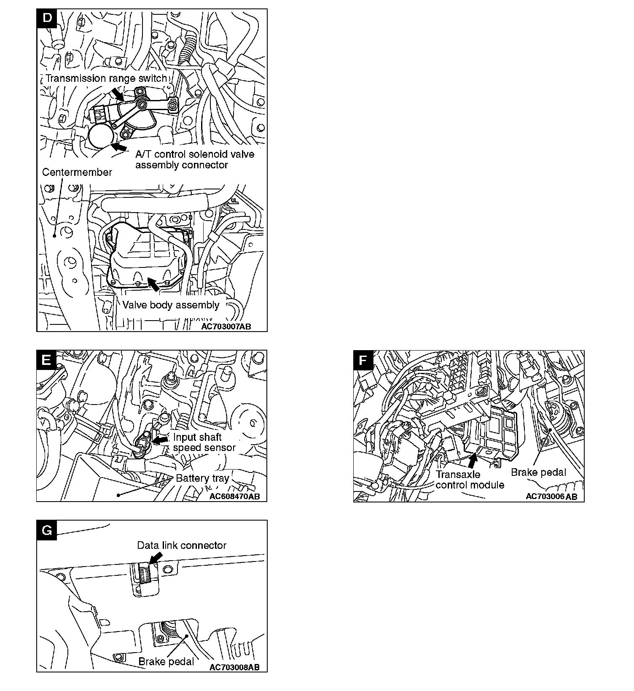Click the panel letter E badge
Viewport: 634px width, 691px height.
tap(46, 360)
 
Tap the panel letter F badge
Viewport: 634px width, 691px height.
tap(363, 360)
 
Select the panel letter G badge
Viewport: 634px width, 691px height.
tap(46, 530)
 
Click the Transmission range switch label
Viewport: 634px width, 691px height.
tap(106, 78)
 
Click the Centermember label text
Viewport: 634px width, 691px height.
tap(77, 172)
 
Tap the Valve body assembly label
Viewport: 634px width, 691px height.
tap(171, 305)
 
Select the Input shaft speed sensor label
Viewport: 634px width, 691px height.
tap(204, 442)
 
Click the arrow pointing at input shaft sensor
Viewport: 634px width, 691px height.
tap(160, 440)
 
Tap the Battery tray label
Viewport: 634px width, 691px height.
tap(202, 478)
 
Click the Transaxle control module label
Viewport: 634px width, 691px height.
tap(470, 480)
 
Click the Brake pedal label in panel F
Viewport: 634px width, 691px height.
tap(538, 472)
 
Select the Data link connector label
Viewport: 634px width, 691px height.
tap(182, 545)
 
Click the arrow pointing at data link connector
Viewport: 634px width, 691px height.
tap(155, 558)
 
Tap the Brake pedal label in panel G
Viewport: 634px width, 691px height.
tap(166, 661)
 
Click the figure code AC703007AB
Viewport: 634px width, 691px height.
tap(226, 326)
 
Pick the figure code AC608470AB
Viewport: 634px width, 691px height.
tap(234, 496)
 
